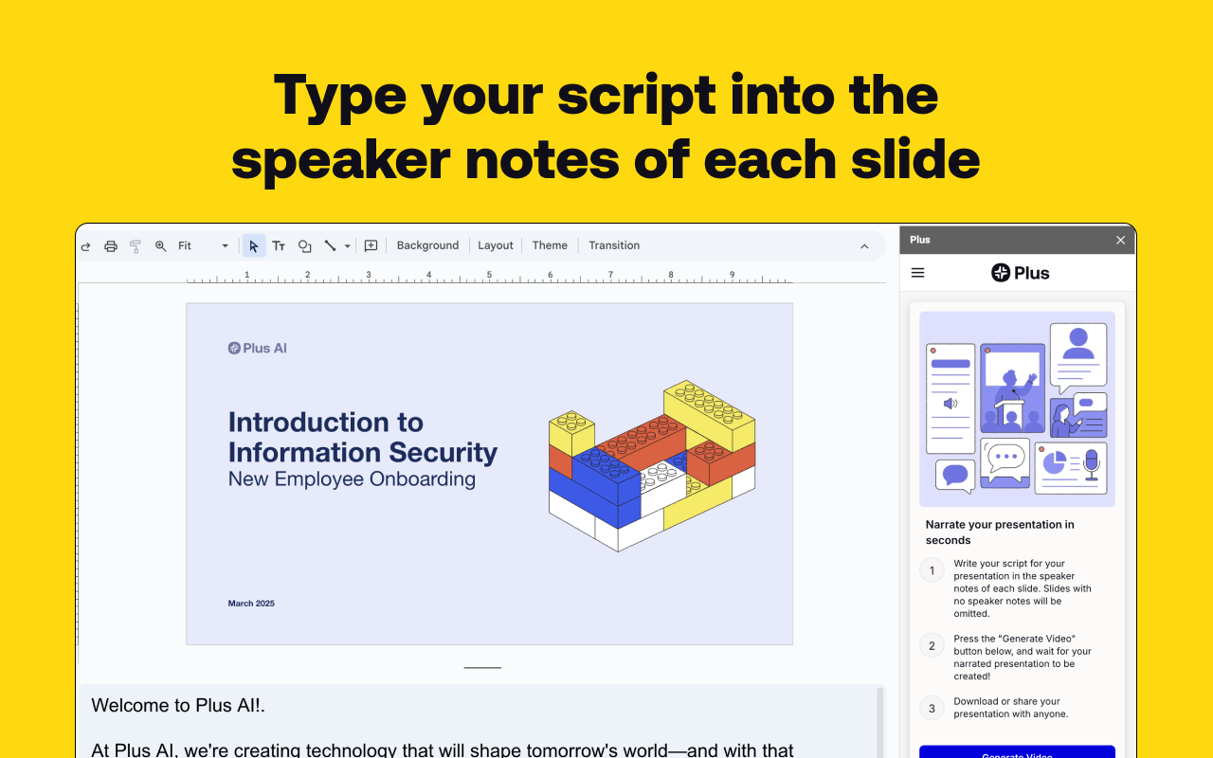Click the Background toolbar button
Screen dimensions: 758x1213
[427, 245]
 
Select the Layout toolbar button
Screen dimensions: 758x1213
[496, 245]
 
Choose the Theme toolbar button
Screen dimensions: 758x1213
[550, 245]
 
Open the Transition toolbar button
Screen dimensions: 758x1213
[614, 245]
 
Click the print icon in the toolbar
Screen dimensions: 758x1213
[111, 246]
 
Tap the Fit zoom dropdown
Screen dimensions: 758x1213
[203, 246]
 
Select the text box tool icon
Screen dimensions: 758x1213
[279, 246]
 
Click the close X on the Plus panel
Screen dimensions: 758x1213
[1120, 241]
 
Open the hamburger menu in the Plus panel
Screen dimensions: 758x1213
[917, 273]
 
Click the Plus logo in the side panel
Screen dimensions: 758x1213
[1021, 273]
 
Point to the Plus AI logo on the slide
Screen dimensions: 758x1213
[258, 348]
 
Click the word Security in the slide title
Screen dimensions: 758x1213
[444, 452]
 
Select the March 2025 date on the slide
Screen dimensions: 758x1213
[251, 604]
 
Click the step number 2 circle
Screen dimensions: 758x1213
[932, 646]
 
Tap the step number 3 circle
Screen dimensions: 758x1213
[932, 708]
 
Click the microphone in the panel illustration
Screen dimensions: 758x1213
[1091, 463]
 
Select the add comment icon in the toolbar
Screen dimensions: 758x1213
[371, 246]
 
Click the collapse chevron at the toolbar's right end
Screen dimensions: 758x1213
[864, 246]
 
